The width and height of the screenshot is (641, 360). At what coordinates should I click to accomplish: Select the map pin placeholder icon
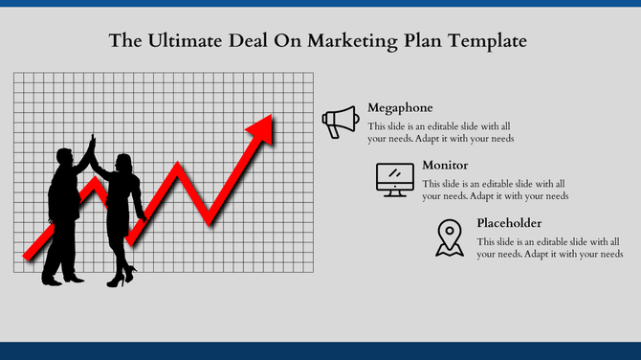(x=448, y=237)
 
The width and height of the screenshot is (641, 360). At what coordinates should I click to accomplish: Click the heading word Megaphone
(x=400, y=108)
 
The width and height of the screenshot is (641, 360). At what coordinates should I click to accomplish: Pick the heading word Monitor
(x=445, y=165)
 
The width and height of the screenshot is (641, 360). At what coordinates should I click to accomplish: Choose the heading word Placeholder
(x=509, y=223)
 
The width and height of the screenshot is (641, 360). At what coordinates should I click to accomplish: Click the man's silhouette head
(x=66, y=156)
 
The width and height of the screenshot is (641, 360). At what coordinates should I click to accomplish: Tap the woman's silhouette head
(x=123, y=161)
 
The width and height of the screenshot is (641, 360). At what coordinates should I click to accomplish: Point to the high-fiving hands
(x=92, y=144)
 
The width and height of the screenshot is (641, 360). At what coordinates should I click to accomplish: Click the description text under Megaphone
(x=441, y=132)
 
